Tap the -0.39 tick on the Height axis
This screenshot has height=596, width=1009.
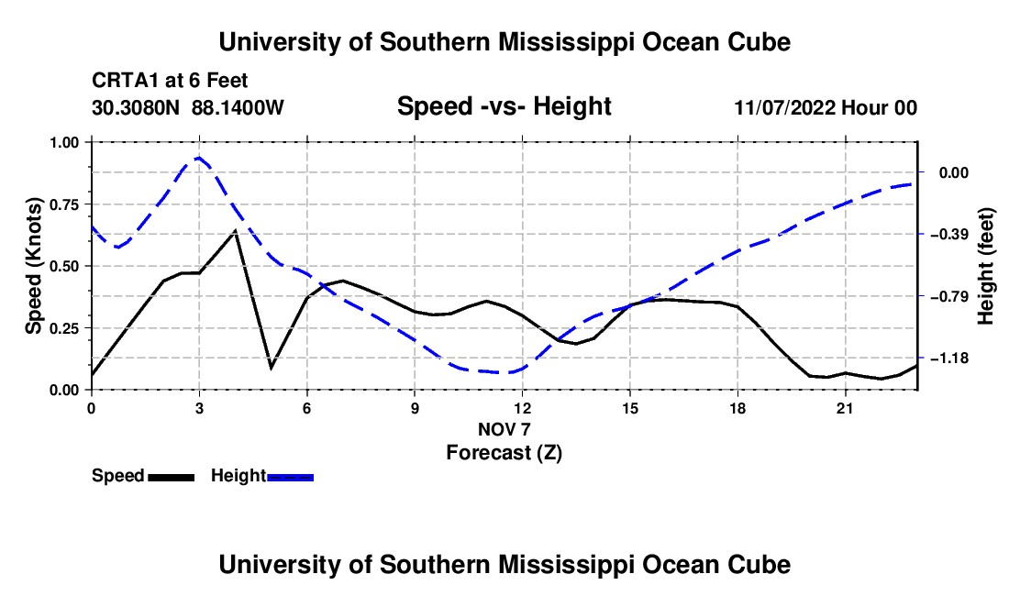948,234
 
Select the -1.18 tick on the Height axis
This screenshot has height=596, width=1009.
948,359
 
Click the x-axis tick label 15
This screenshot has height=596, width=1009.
630,408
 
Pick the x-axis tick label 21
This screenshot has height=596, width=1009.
845,408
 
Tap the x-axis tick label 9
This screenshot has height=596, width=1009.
415,408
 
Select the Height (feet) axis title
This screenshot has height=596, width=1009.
986,266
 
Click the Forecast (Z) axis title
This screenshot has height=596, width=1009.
504,453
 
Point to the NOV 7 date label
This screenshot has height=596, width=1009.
504,429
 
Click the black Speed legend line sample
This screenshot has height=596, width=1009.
172,477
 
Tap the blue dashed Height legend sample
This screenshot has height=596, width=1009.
290,477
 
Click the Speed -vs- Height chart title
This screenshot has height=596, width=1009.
504,106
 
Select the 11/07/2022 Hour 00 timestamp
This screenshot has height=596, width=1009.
826,107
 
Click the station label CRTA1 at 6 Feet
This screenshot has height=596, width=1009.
170,81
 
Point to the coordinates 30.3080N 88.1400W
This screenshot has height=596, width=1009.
188,107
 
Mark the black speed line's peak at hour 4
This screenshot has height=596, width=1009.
236,230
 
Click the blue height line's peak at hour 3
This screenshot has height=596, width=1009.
199,157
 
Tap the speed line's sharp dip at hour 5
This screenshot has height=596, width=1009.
271,368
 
